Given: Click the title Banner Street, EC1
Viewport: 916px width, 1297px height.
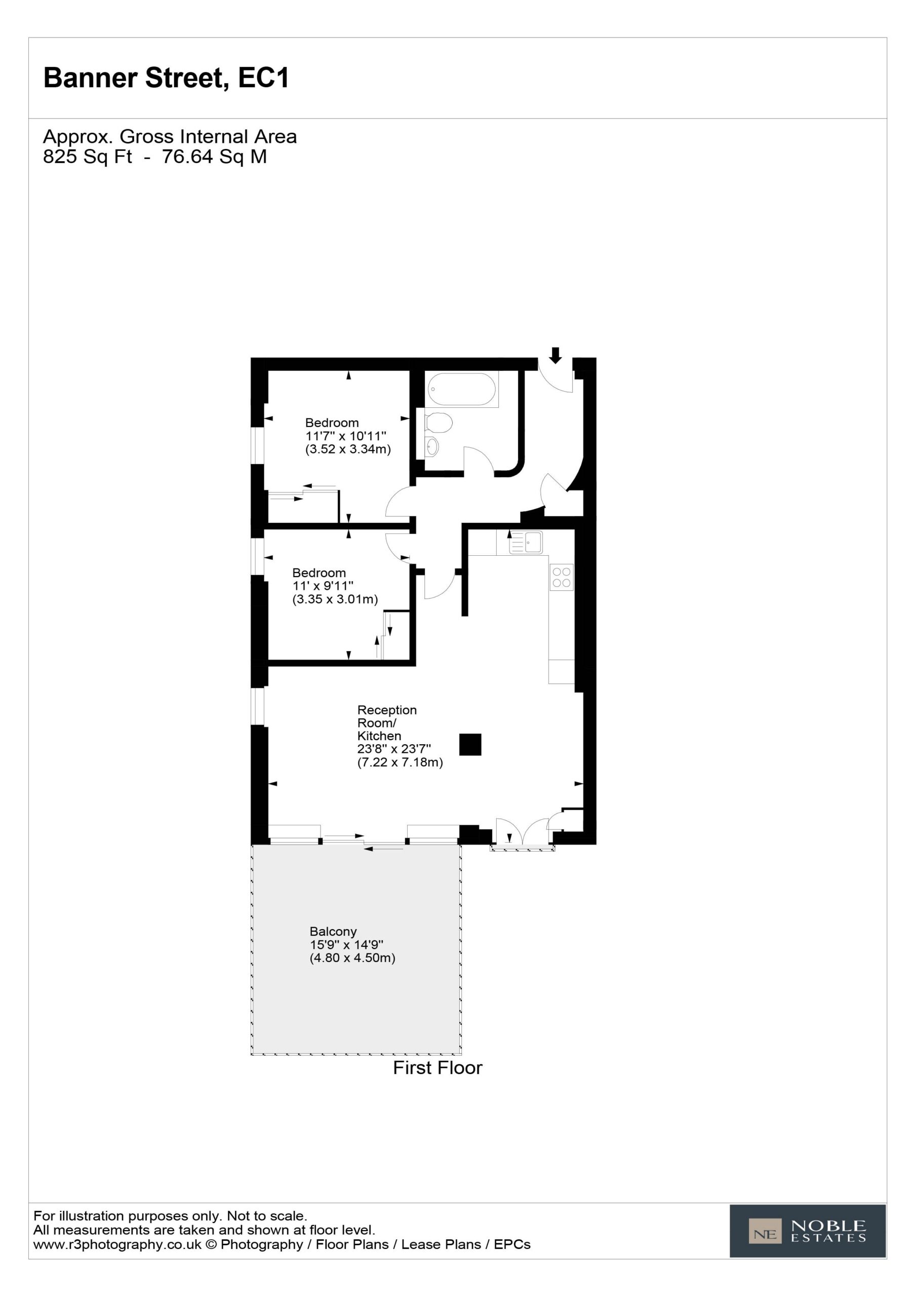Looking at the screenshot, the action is [x=166, y=78].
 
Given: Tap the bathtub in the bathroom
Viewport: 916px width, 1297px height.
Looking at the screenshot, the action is [x=461, y=389].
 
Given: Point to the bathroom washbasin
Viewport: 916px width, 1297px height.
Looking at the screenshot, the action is [x=432, y=446].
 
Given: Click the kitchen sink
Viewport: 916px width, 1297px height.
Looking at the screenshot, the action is [x=526, y=542].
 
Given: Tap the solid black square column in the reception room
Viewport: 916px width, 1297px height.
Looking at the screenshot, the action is [x=470, y=745].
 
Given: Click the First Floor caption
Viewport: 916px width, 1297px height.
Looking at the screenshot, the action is [x=437, y=1067].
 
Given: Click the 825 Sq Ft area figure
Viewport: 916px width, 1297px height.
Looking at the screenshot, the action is [x=88, y=157].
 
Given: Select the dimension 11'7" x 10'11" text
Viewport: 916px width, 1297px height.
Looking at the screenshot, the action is [x=346, y=436].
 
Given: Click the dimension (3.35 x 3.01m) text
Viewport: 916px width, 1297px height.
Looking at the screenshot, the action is [x=335, y=599].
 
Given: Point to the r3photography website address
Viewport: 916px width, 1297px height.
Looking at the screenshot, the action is [x=117, y=1244].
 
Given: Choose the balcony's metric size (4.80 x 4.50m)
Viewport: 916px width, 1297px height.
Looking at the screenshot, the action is [x=352, y=958].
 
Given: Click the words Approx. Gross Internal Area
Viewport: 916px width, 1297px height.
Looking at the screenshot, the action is [x=170, y=137].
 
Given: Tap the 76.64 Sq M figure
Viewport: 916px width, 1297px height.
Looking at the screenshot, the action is [x=215, y=157].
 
